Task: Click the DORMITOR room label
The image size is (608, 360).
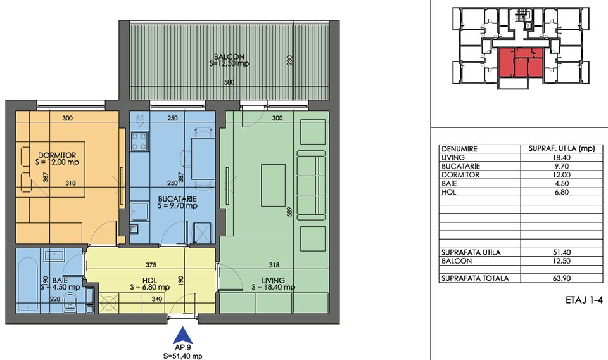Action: (x=57, y=155)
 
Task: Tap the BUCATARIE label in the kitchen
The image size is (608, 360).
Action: (x=177, y=199)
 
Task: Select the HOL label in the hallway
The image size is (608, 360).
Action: (x=149, y=281)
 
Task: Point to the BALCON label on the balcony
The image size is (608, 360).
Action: (x=229, y=56)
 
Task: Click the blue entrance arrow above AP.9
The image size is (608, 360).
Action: (x=182, y=335)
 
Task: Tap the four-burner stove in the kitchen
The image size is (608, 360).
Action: (x=139, y=141)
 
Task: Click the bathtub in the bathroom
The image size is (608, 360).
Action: (x=27, y=285)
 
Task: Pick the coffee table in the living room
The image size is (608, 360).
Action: (x=273, y=185)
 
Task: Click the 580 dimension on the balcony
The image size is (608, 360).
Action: (x=229, y=82)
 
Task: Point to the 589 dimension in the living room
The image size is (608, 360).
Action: (x=289, y=212)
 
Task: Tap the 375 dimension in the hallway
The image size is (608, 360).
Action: (x=151, y=265)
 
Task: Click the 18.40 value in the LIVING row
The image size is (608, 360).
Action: (x=561, y=157)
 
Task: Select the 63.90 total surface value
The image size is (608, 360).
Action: (x=561, y=278)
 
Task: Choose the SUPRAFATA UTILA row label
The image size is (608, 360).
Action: (x=471, y=252)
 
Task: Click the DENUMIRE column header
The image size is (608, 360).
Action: (x=460, y=149)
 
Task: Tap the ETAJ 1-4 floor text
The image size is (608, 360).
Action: (x=585, y=300)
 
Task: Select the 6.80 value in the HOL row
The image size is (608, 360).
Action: (x=561, y=192)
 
